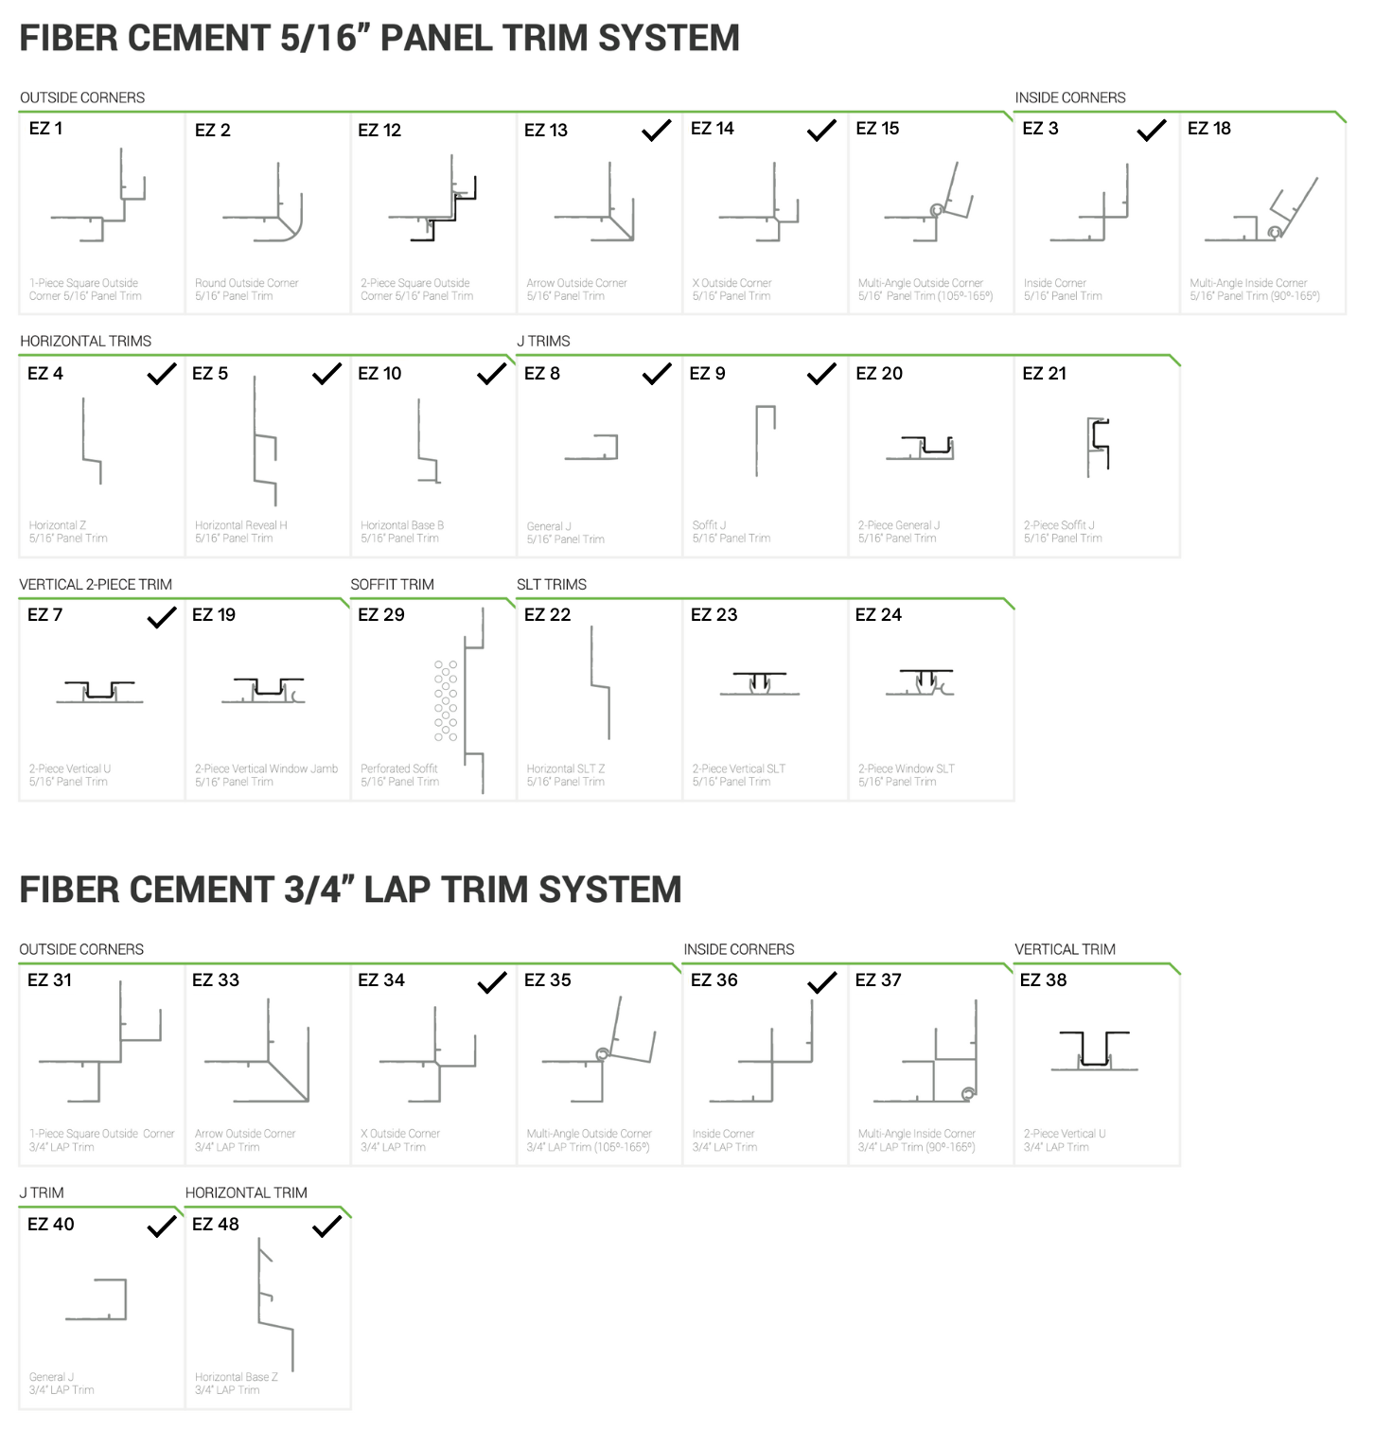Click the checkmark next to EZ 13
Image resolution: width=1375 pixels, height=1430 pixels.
click(x=656, y=131)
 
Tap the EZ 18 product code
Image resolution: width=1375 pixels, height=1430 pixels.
click(x=1208, y=129)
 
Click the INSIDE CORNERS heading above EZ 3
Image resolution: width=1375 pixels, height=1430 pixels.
click(x=1069, y=97)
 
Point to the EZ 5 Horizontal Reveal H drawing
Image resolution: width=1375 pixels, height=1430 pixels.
click(x=264, y=441)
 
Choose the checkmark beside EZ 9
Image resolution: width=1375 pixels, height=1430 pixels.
click(x=821, y=374)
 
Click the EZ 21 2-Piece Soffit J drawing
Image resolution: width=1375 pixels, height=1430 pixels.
click(x=1098, y=447)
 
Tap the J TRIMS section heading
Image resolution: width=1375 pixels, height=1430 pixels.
click(x=543, y=341)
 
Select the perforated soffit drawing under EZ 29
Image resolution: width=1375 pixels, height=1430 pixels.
click(x=461, y=700)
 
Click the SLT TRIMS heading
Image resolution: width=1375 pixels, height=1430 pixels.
click(x=552, y=584)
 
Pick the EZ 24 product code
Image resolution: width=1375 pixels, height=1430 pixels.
click(x=878, y=615)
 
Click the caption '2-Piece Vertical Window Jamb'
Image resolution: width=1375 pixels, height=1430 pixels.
click(x=266, y=768)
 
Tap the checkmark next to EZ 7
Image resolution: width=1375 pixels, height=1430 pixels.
click(x=162, y=618)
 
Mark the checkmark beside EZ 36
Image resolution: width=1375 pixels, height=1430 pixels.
click(x=821, y=982)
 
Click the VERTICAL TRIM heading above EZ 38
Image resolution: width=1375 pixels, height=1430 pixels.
click(x=1065, y=949)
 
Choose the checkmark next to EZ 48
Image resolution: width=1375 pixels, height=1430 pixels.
click(x=326, y=1227)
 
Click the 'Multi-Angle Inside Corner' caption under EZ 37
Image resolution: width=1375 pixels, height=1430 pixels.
click(x=916, y=1134)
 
